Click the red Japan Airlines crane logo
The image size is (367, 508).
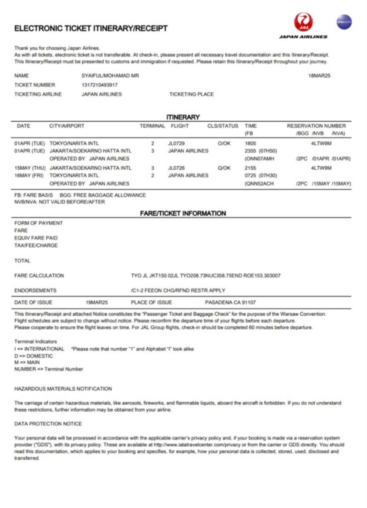click(303, 22)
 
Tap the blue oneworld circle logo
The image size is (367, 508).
click(344, 22)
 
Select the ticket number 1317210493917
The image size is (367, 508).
click(100, 85)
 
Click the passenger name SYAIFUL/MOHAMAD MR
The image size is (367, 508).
click(110, 76)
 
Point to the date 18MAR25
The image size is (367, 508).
click(319, 76)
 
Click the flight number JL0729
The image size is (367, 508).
click(176, 143)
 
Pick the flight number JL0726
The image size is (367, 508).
click(176, 168)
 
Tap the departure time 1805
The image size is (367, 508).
click(251, 143)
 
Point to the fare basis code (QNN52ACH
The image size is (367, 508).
click(259, 183)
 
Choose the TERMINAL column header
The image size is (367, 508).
click(152, 126)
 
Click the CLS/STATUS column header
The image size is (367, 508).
click(222, 126)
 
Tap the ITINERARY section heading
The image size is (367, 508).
click(183, 117)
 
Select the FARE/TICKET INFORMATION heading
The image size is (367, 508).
click(183, 213)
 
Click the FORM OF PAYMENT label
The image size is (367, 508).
click(38, 223)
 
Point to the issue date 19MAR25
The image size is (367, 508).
click(97, 303)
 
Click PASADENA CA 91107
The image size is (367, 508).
click(230, 303)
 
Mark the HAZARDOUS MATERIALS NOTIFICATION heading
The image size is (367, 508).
click(63, 389)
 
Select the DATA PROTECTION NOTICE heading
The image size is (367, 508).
click(48, 424)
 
